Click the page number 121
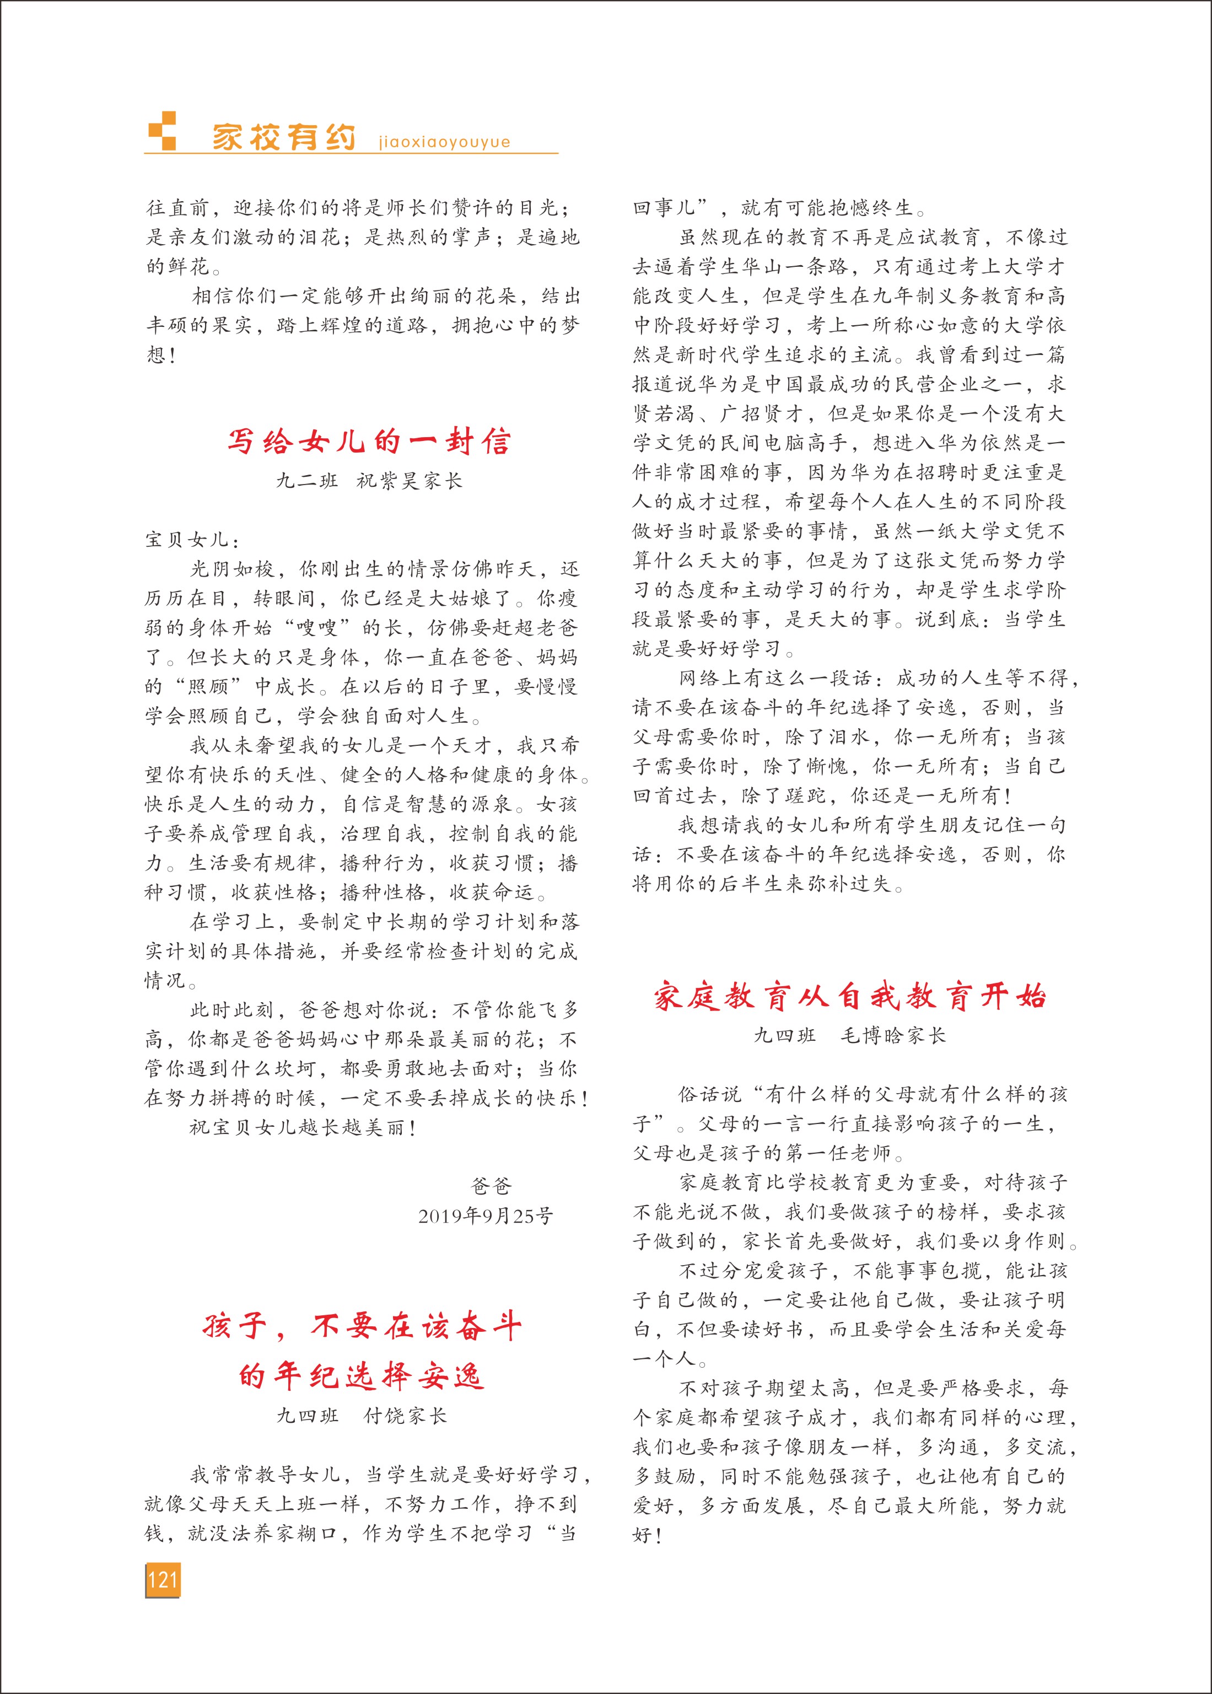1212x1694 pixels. pos(162,1579)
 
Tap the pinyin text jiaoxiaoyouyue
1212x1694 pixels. pos(444,142)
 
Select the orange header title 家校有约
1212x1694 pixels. pos(284,137)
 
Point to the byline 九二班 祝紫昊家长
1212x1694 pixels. pos(369,481)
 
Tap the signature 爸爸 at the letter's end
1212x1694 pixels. pos(491,1186)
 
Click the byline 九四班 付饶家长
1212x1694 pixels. pos(362,1416)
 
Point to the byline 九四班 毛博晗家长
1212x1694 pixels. pos(849,1035)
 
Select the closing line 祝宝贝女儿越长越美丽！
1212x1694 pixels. pos(302,1127)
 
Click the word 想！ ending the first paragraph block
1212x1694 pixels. pos(161,354)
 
